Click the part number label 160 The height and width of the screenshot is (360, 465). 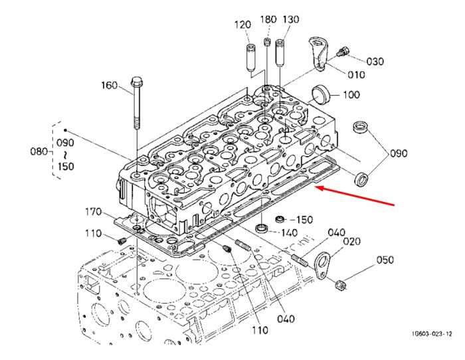109,86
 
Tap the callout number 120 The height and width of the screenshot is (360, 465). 242,25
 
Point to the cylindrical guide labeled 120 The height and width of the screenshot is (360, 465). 250,58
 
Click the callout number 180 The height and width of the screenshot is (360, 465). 268,19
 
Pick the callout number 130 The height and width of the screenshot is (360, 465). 291,19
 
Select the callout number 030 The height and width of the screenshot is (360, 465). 375,61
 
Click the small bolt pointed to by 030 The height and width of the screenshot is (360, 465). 343,52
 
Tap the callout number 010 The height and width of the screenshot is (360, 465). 356,74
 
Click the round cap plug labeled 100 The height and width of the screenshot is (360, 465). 321,94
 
